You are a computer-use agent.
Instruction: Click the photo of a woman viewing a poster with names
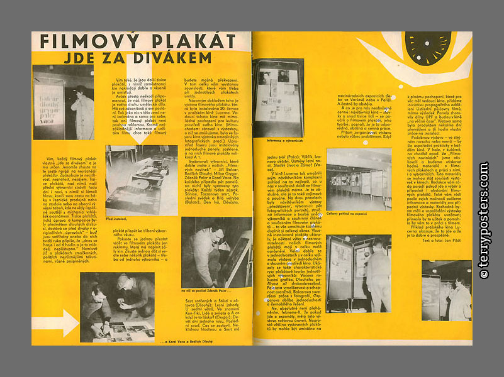(x=63, y=102)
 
